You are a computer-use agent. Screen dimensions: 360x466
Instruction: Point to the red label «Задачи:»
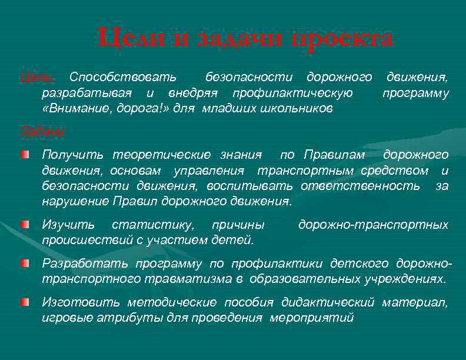point(42,131)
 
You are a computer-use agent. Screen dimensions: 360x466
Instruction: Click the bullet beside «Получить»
point(22,154)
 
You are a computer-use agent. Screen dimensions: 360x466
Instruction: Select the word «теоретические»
point(161,155)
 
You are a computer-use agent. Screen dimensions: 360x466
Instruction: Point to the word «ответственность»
point(360,186)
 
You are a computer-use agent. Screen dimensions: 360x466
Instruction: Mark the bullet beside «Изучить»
point(22,224)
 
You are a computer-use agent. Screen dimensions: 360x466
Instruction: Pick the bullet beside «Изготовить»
point(22,302)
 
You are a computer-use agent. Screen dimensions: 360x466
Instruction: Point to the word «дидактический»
point(328,302)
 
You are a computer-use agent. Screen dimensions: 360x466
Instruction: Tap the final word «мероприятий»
point(311,318)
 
